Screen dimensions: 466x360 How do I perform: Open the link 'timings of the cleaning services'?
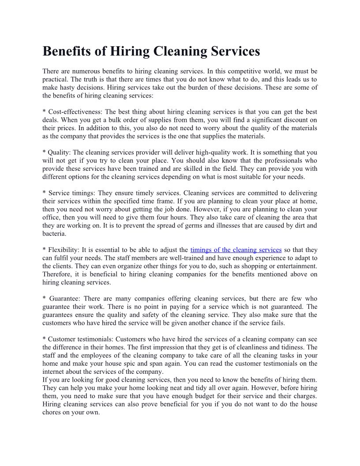[x=236, y=250]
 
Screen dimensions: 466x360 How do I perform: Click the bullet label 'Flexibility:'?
[x=64, y=250]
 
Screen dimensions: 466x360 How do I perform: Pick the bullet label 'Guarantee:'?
[x=64, y=298]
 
